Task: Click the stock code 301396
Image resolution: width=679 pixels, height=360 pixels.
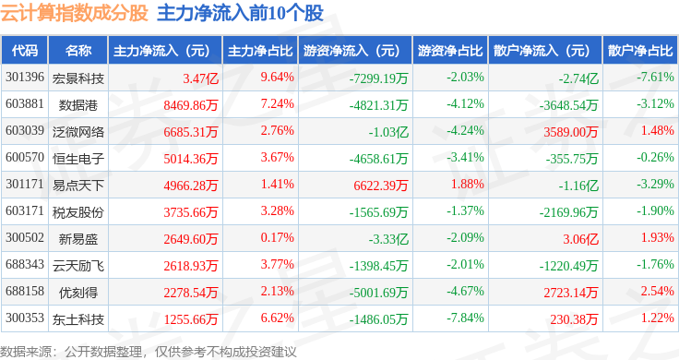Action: [25, 78]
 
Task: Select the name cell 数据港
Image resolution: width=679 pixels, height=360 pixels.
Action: [78, 105]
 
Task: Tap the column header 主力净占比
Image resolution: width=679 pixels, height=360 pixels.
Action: [260, 51]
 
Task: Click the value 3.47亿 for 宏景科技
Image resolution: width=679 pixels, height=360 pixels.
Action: [200, 78]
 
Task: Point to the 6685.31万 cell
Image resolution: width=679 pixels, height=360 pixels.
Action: [191, 132]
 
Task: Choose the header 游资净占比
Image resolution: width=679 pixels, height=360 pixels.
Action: [450, 51]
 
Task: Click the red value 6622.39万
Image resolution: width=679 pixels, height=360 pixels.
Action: [381, 186]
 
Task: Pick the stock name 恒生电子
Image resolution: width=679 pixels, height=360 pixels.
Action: [78, 159]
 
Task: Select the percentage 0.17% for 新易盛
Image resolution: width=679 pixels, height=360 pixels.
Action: [277, 238]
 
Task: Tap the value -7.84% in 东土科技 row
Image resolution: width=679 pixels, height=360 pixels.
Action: [465, 318]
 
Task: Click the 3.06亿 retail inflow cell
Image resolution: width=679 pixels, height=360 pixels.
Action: [580, 239]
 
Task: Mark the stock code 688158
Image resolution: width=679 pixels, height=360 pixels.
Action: [25, 291]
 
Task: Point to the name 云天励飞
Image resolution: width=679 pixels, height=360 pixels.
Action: [78, 266]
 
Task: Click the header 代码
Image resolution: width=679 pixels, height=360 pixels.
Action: [25, 51]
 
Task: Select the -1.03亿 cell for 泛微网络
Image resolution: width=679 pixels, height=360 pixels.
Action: [388, 132]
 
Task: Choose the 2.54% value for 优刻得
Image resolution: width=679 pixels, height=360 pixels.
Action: [658, 291]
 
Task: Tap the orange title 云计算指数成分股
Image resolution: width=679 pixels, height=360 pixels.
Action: [75, 13]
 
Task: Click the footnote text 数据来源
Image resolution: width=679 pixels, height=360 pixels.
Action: [26, 352]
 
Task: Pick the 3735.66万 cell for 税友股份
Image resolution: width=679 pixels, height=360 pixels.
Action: [191, 212]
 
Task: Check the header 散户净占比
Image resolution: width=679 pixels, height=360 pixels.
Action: [640, 51]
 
